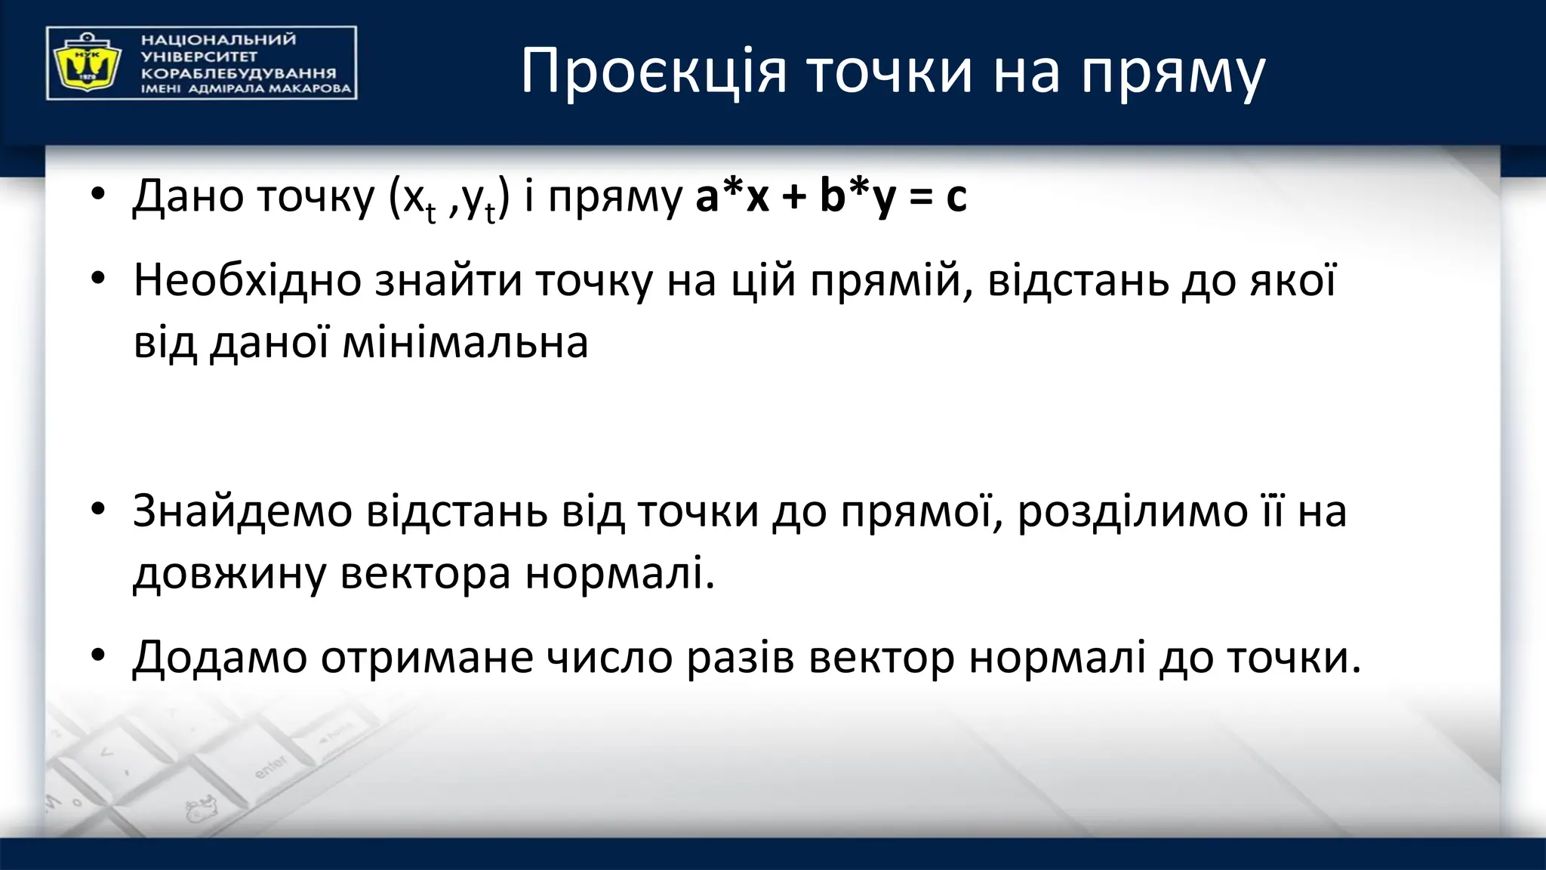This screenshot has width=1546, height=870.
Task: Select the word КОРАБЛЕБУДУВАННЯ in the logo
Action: [239, 74]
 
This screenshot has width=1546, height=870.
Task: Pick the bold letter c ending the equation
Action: [956, 198]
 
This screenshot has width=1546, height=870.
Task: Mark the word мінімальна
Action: [465, 342]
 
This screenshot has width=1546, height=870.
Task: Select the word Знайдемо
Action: [242, 511]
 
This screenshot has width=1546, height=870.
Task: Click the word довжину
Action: [229, 574]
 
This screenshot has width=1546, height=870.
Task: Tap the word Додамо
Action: [220, 657]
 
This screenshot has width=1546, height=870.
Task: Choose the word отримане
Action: [427, 658]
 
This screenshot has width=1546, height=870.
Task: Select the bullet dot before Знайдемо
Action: [97, 510]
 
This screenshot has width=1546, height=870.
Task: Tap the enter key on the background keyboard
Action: [270, 767]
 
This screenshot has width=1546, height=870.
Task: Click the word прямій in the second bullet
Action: [892, 280]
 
